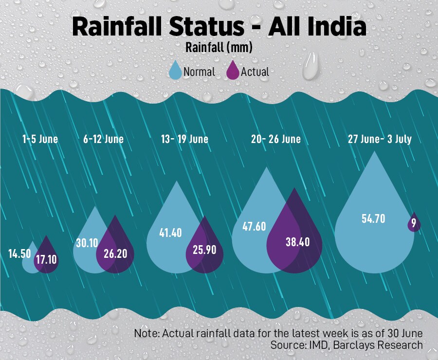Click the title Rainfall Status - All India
(x=219, y=27)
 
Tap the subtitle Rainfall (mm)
(x=219, y=48)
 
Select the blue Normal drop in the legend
(x=175, y=71)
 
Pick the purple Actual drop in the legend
(x=234, y=71)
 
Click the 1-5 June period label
(x=40, y=139)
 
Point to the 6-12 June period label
(x=103, y=139)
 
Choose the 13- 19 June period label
(x=184, y=139)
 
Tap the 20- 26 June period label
(x=276, y=139)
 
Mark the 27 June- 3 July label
(x=380, y=139)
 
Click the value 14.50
(x=19, y=253)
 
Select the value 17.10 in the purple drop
(x=47, y=259)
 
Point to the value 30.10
(x=87, y=242)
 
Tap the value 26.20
(x=115, y=253)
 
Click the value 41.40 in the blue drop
(x=170, y=233)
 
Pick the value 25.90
(x=204, y=252)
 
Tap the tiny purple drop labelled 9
(x=414, y=223)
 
